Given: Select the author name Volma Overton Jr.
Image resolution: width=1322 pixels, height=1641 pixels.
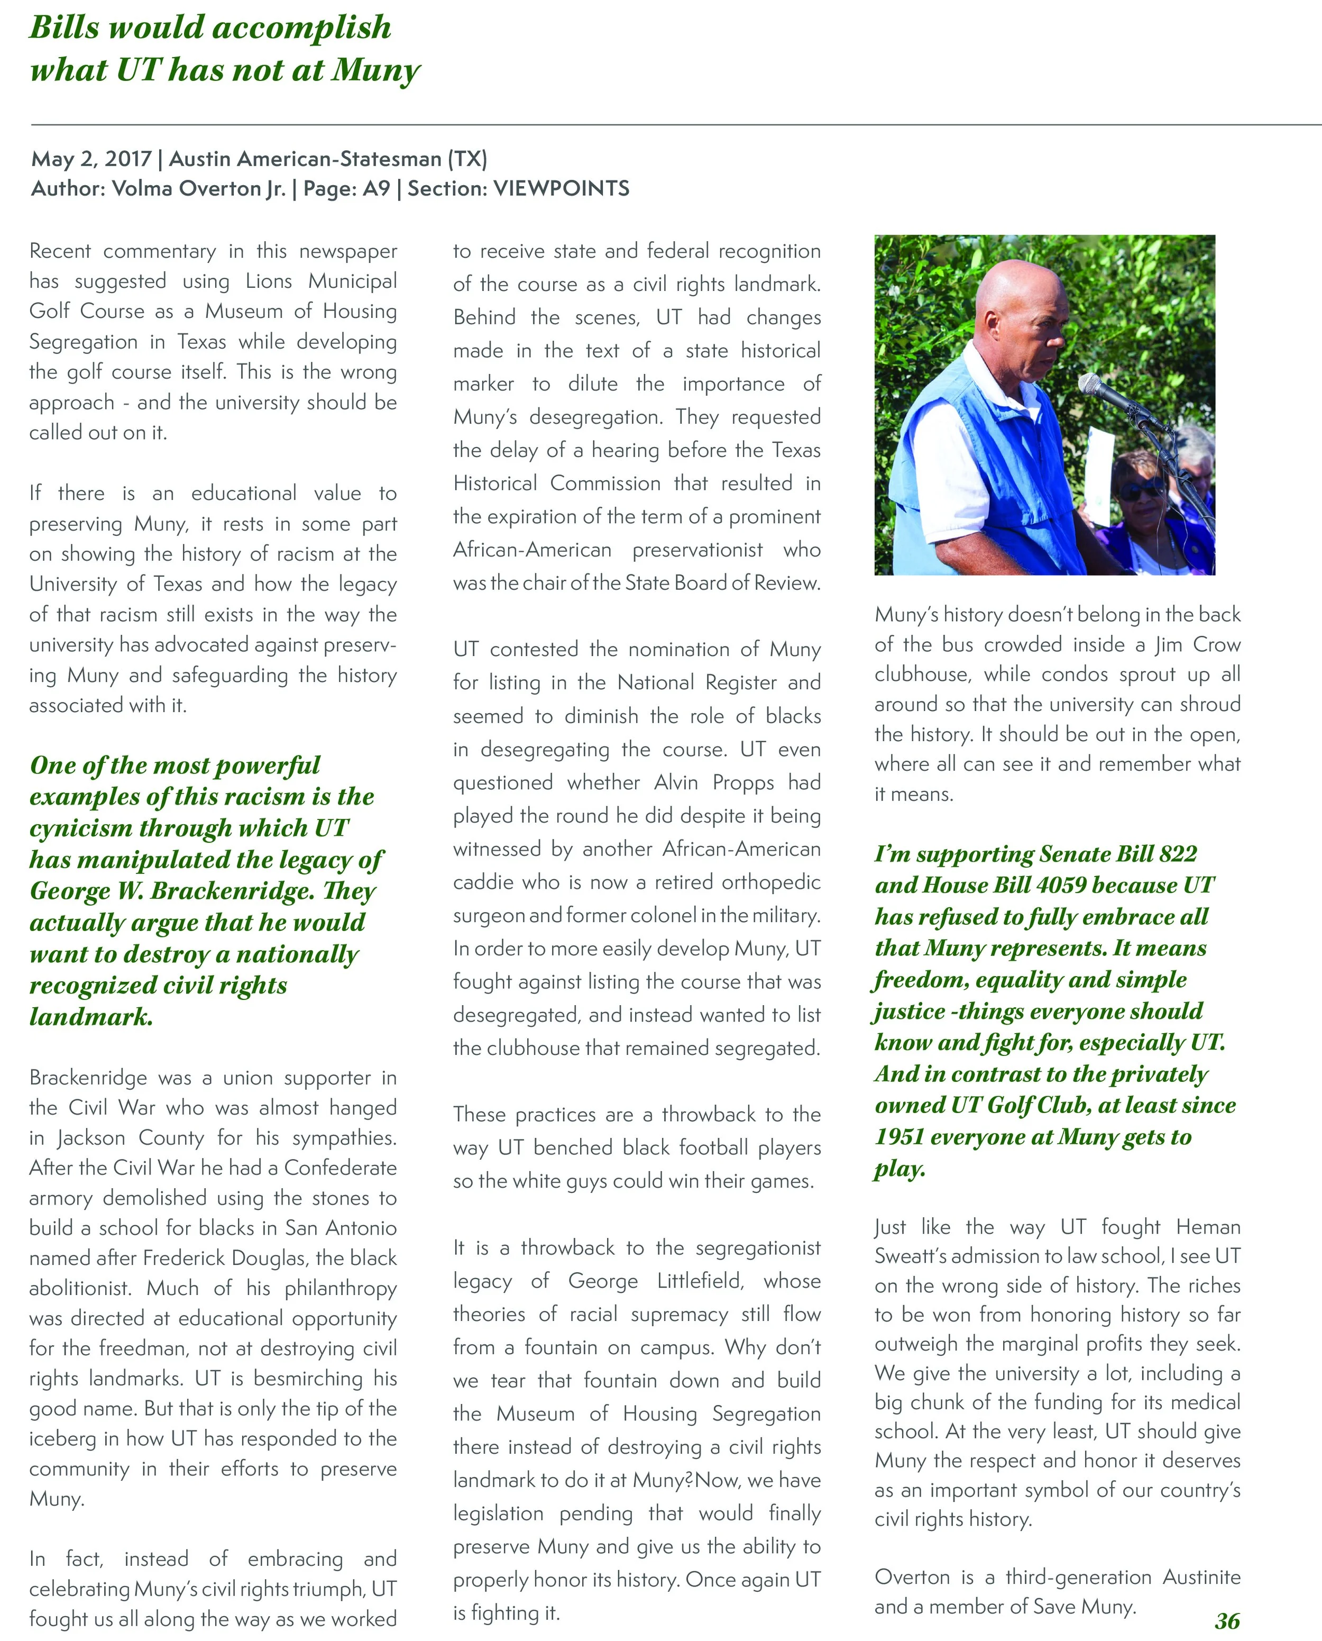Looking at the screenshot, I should [x=199, y=189].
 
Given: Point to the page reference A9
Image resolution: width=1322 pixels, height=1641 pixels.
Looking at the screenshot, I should [x=376, y=189].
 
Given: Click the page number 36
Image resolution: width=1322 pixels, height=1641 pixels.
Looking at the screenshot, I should [x=1227, y=1620].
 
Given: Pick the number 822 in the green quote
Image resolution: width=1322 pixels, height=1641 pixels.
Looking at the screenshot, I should [x=1177, y=854].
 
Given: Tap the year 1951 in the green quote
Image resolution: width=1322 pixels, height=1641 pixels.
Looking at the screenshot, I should [x=898, y=1137].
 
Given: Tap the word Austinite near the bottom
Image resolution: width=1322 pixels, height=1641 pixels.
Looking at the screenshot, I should [x=1201, y=1577].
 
